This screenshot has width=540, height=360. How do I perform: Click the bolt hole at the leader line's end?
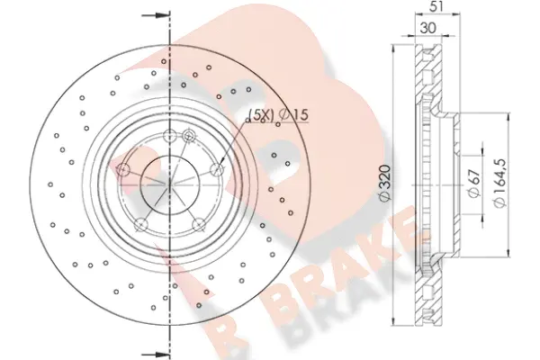click(217, 168)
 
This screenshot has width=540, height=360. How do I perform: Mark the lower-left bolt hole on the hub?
click(139, 225)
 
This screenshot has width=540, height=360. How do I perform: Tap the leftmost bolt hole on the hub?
click(121, 168)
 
